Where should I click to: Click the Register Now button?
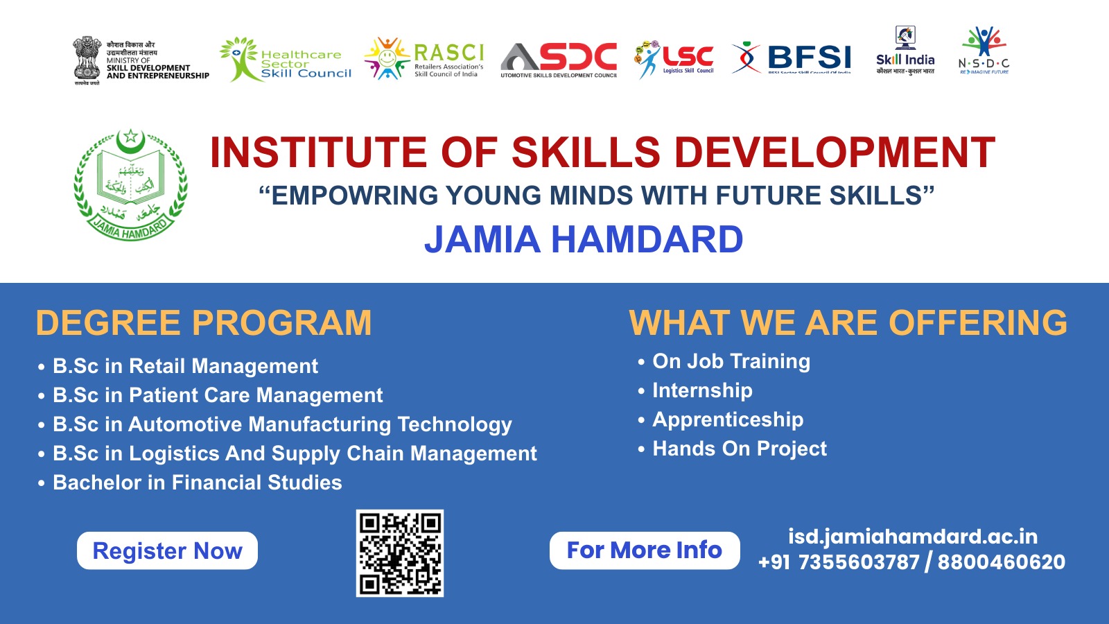tap(167, 551)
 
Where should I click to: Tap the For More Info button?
tap(645, 551)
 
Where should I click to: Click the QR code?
tap(400, 553)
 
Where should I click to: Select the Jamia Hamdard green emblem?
tap(130, 184)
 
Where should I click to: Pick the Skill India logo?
tap(905, 51)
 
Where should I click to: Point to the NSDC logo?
tap(984, 51)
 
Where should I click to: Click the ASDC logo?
tap(559, 60)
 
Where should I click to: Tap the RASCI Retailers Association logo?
tap(424, 59)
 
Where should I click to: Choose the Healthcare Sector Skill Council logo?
tap(286, 60)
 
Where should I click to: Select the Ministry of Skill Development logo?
tap(141, 61)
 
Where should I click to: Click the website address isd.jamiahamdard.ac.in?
tap(913, 537)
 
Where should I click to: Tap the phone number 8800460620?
tap(1001, 562)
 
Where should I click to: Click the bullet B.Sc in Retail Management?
tap(185, 366)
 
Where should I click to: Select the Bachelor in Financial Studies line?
tap(197, 483)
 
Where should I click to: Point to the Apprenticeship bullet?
tap(728, 419)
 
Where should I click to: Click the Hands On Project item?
tap(740, 449)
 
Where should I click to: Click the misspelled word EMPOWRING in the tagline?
tap(355, 196)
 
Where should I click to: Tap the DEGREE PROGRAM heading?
tap(204, 323)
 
